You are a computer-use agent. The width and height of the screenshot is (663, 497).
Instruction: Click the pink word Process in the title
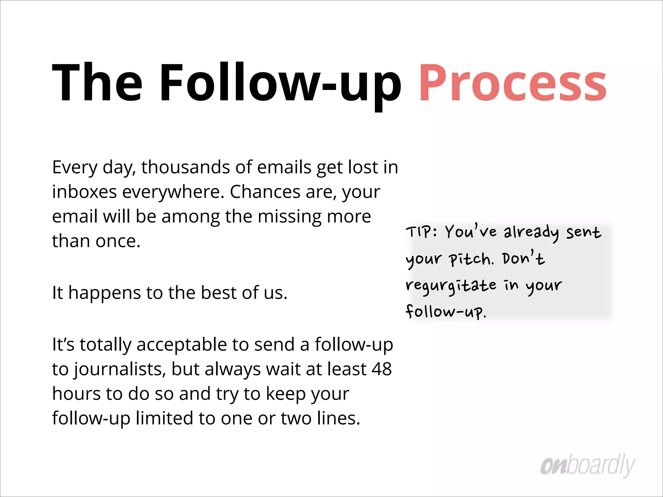click(x=512, y=83)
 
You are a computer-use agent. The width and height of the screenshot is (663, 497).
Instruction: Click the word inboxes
click(x=84, y=192)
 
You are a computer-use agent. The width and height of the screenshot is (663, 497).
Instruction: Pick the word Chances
click(x=265, y=192)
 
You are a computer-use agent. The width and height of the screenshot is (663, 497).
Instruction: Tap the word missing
click(x=290, y=216)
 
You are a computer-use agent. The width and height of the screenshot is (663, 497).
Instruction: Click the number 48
click(x=382, y=369)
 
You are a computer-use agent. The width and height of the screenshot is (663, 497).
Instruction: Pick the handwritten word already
click(x=531, y=232)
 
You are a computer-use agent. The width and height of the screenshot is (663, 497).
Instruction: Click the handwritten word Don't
click(x=523, y=259)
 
